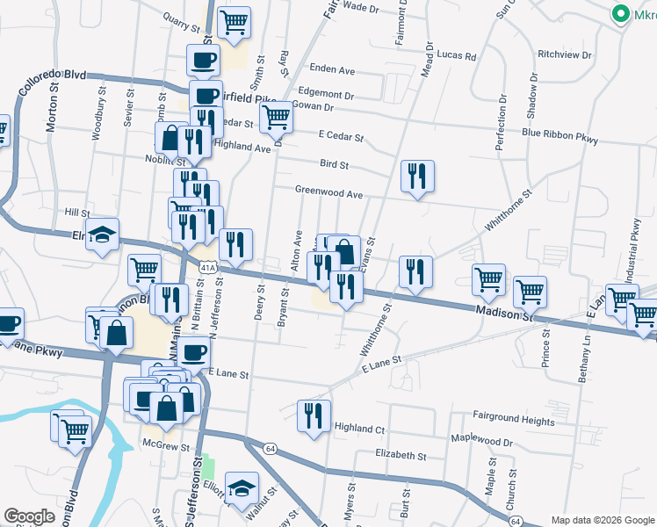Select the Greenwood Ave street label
click(328, 192)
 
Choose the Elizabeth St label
click(400, 456)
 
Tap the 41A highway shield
click(206, 265)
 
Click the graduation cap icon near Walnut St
click(240, 487)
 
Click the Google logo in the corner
click(29, 516)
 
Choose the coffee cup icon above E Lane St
click(193, 351)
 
